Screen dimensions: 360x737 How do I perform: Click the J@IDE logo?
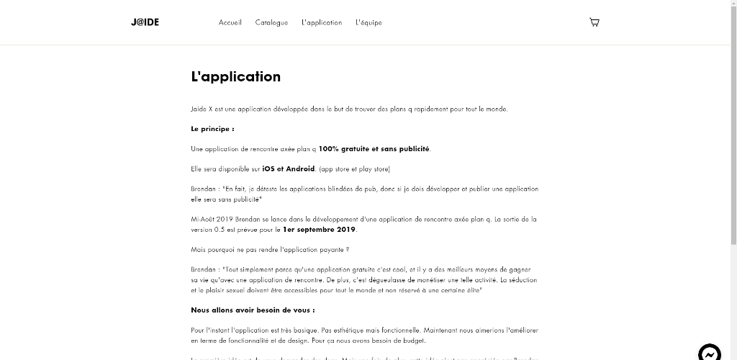click(x=145, y=22)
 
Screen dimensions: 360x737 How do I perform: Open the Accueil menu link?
click(x=230, y=22)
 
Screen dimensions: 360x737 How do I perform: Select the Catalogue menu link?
click(x=271, y=22)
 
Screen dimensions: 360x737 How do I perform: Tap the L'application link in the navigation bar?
click(x=322, y=22)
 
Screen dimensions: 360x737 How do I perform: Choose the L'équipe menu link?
click(x=368, y=22)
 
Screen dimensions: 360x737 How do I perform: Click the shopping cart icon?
click(x=594, y=22)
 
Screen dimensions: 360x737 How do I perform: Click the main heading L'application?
click(x=236, y=77)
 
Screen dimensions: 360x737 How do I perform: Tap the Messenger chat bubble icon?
click(x=710, y=353)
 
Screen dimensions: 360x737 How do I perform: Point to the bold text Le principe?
click(x=212, y=129)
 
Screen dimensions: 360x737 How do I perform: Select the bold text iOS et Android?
click(x=289, y=169)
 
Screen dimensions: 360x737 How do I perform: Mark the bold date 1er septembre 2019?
click(x=320, y=230)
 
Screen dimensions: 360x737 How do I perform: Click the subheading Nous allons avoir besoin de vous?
click(x=253, y=310)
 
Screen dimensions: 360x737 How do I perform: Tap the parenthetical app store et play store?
click(x=354, y=169)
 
